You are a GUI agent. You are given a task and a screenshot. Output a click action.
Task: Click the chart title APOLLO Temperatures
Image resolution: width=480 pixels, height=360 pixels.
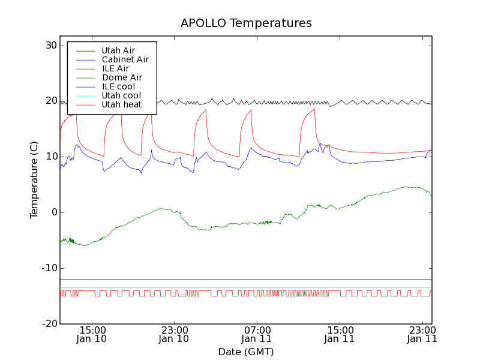point(246,23)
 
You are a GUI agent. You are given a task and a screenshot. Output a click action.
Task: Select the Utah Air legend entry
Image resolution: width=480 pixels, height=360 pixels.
point(118,50)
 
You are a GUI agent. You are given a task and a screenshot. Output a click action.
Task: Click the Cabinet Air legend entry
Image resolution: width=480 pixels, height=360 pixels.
point(125,59)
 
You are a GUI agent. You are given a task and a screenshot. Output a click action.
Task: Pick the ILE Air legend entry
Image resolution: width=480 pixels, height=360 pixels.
point(115,68)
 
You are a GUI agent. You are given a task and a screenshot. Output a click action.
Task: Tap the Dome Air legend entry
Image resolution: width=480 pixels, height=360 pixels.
point(122,77)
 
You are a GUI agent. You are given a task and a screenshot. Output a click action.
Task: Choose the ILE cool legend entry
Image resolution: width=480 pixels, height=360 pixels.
point(118,86)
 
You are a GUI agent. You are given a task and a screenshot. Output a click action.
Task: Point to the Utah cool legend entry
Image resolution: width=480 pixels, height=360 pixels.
point(121,95)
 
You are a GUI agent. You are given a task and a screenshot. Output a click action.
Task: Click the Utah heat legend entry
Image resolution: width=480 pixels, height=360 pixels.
point(121,104)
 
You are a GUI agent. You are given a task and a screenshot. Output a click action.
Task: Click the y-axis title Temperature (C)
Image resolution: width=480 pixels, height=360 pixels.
point(34,180)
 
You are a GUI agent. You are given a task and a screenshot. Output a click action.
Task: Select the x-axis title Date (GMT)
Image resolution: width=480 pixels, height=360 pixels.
point(246,352)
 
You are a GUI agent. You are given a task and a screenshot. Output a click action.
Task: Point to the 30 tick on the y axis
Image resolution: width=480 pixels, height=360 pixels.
point(50,46)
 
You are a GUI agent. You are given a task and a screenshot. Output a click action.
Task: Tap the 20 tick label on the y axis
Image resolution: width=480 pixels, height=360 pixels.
point(50,101)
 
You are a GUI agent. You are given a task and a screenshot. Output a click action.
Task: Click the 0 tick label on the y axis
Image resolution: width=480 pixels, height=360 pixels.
point(53,212)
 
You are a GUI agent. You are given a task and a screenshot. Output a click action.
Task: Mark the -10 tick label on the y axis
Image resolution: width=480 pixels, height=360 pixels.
point(49,268)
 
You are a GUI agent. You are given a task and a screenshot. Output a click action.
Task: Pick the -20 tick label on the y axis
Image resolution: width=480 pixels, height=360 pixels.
point(49,324)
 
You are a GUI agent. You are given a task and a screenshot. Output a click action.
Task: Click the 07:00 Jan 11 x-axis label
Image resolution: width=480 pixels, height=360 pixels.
point(257,334)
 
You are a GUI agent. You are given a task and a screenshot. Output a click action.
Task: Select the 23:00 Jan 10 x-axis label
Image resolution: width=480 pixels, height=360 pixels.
point(174,334)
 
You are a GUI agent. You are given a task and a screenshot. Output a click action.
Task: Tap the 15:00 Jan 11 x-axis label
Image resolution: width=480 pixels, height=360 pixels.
point(340,334)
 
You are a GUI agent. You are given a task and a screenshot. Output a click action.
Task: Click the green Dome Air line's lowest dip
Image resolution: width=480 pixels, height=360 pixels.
point(85,245)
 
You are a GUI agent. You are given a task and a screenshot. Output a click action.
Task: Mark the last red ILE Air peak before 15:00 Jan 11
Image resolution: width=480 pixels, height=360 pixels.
point(314,109)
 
